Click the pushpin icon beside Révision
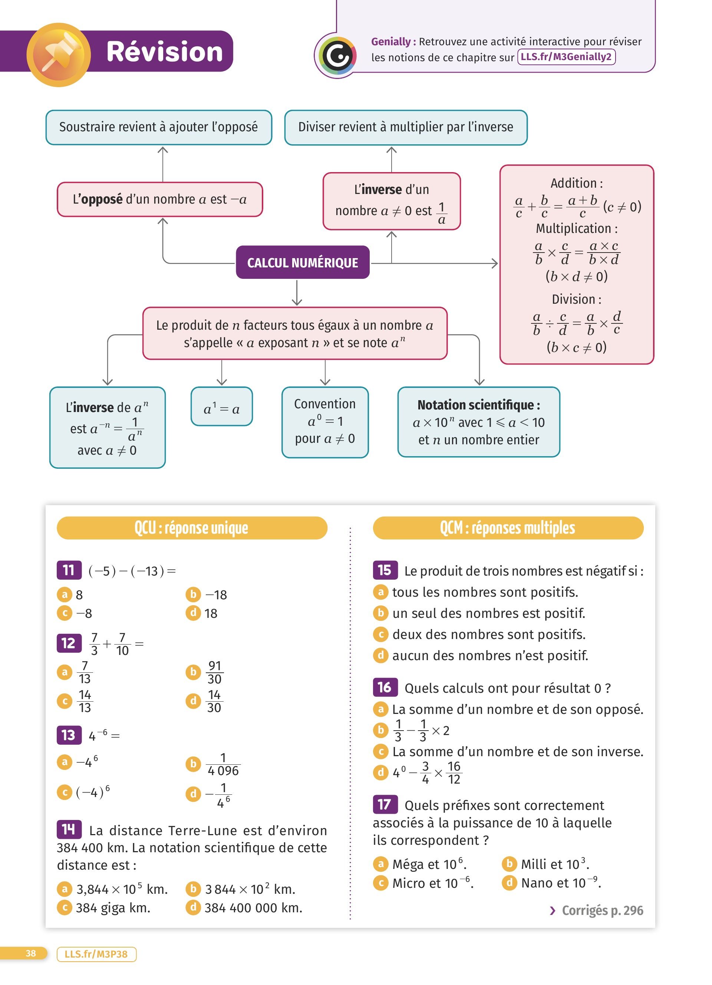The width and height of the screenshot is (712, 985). pos(59,55)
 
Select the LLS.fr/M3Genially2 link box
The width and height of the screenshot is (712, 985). pos(566,57)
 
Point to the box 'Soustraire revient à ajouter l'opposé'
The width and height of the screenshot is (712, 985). pos(158,127)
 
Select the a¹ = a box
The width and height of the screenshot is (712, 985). pos(221,409)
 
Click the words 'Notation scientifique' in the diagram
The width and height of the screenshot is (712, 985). pos(476,405)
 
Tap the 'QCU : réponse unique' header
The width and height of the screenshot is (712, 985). pos(191,528)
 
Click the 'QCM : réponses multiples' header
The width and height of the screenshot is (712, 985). pos(508,528)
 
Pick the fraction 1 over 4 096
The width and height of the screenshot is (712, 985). pos(223,764)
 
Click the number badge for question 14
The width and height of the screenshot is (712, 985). pos(69,830)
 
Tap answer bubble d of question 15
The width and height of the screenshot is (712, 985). pos(380,655)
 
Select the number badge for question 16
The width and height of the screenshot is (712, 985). pos(385,687)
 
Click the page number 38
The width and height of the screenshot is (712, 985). pos(31,953)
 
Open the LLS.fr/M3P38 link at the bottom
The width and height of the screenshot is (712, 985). pos(96,954)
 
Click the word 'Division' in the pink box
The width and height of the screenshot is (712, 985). pos(573,299)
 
